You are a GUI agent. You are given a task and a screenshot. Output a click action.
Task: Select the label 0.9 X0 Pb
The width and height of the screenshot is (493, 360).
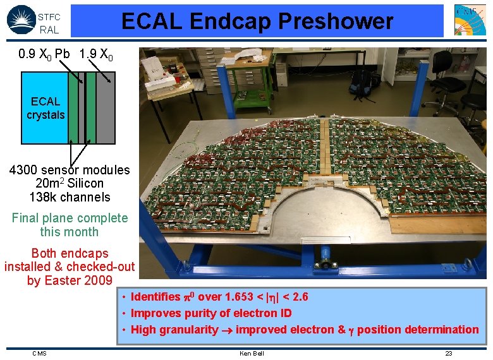(x=44, y=54)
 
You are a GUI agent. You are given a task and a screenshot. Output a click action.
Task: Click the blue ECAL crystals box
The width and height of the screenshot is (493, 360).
(x=45, y=108)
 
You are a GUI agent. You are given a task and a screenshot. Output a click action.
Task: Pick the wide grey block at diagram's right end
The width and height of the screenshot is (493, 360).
(x=106, y=108)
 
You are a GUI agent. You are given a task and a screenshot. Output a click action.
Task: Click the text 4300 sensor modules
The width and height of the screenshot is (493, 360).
(x=70, y=170)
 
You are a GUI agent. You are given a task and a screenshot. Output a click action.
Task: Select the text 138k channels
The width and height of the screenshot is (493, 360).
(x=70, y=197)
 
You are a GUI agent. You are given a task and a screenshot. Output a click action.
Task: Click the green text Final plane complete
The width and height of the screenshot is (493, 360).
(x=70, y=218)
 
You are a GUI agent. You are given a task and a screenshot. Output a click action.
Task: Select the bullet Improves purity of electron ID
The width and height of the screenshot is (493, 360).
(x=211, y=313)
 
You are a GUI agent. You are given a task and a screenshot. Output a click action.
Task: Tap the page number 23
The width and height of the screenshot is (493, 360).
(x=448, y=353)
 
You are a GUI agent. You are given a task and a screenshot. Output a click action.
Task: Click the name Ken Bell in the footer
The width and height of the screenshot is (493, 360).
(x=252, y=353)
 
